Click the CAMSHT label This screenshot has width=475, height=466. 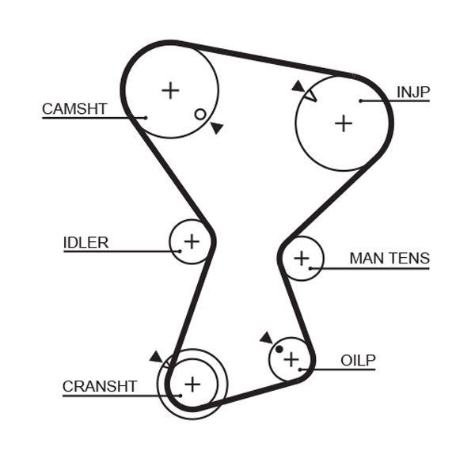pos(74,109)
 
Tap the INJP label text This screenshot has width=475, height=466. pos(413,93)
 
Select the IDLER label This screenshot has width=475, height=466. pos(85,243)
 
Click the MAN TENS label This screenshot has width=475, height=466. pos(389,259)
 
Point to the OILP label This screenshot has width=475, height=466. pos(358,361)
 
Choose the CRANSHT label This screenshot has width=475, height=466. pos(100,386)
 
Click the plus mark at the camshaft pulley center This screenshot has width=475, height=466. pos(170,90)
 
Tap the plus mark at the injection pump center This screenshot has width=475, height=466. pos(343,123)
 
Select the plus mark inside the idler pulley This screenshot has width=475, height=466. pos(192,240)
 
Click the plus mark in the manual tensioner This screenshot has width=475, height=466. pos(301,258)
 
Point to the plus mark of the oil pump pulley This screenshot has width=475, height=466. pos(291,359)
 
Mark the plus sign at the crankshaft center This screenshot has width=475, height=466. pos(192,385)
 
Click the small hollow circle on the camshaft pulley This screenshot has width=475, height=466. pos(200,114)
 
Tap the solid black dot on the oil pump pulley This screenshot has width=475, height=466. pos(279,349)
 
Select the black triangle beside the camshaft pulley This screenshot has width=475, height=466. pos(217,127)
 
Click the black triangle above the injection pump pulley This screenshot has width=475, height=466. pos(298,85)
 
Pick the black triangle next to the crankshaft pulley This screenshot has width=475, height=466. pos(155,357)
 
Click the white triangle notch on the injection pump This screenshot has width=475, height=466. pos(310,96)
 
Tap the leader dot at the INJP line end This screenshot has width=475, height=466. pos(360,100)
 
